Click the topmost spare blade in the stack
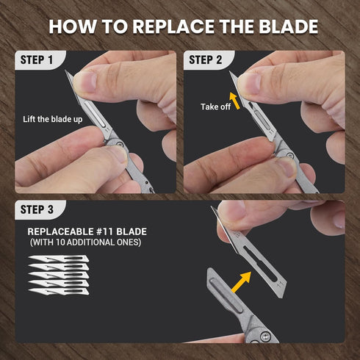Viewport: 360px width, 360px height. coord(59,259)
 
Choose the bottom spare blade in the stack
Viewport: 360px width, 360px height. coord(59,291)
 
